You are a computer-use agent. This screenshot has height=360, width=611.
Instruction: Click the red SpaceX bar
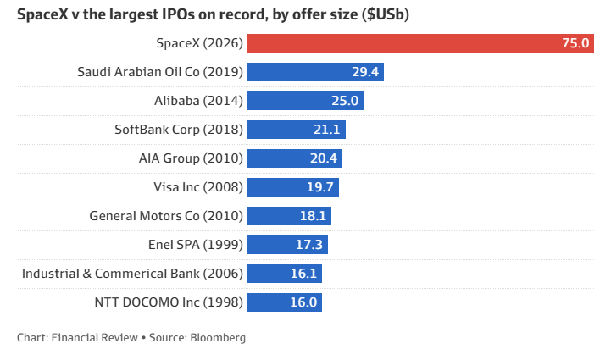click(x=420, y=43)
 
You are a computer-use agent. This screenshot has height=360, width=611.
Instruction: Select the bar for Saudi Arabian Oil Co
click(x=315, y=72)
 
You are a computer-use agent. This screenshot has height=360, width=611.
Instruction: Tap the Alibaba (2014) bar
click(x=305, y=101)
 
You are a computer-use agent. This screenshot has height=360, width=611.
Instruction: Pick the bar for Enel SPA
click(x=287, y=245)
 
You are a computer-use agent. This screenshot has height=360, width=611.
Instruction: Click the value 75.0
click(x=575, y=43)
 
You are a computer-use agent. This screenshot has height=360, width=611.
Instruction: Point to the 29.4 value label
click(x=365, y=72)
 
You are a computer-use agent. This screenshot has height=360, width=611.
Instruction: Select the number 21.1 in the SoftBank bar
click(x=327, y=130)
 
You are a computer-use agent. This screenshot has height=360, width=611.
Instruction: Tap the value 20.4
click(x=324, y=158)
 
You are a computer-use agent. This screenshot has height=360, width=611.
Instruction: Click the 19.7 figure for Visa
click(x=320, y=187)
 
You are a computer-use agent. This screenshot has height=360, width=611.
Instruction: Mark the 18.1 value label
click(x=313, y=216)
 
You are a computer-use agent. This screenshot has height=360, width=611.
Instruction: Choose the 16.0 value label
click(x=303, y=302)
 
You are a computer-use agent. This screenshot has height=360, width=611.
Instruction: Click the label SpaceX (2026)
click(x=199, y=43)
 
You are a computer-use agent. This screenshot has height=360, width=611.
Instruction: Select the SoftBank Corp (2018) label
click(x=179, y=130)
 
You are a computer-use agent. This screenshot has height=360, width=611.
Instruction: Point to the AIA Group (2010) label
click(x=191, y=158)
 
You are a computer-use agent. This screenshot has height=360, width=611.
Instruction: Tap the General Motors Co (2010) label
click(x=166, y=216)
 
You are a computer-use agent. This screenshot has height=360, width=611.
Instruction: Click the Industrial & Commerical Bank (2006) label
click(x=132, y=274)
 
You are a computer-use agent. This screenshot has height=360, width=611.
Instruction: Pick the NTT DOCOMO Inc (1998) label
click(x=169, y=302)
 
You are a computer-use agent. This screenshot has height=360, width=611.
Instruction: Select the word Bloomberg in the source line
click(x=218, y=338)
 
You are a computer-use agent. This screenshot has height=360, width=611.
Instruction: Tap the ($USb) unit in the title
click(x=386, y=14)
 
